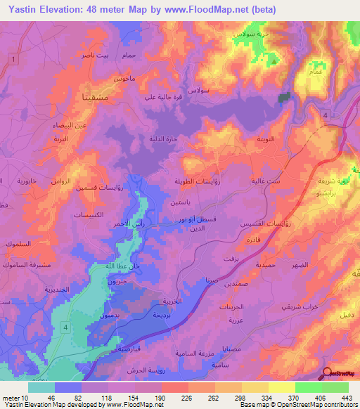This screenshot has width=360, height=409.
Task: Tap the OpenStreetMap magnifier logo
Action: pyautogui.click(x=328, y=373)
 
